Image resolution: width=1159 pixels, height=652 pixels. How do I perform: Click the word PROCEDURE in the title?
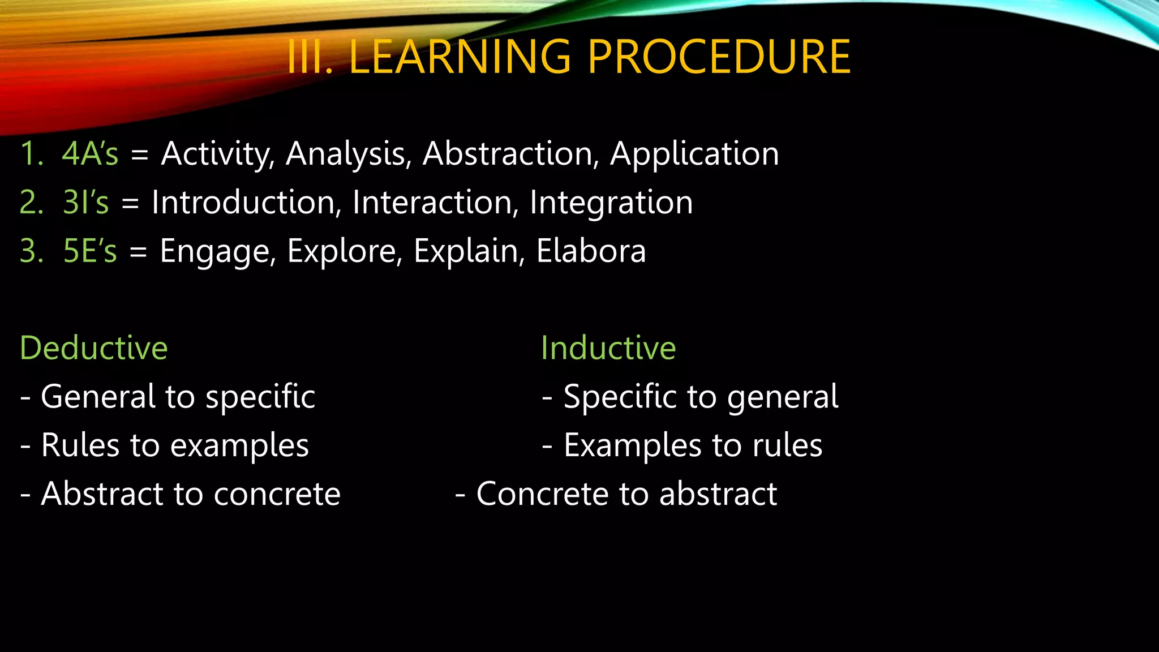click(x=719, y=57)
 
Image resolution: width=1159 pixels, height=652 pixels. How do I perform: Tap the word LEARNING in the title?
click(x=460, y=57)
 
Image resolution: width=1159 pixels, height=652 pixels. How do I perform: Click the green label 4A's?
click(x=90, y=154)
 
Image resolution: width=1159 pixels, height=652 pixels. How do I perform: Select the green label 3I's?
click(x=85, y=203)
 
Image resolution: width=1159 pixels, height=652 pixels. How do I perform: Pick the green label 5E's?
click(x=90, y=251)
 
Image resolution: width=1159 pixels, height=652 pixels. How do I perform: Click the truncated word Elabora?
click(x=591, y=251)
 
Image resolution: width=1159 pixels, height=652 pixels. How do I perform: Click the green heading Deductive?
click(x=94, y=348)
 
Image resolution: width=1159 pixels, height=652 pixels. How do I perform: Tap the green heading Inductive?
click(x=608, y=348)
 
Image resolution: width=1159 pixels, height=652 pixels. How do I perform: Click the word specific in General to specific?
click(x=260, y=397)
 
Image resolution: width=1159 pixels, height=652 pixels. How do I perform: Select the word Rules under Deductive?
click(x=80, y=445)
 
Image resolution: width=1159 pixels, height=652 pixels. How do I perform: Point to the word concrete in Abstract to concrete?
click(x=277, y=495)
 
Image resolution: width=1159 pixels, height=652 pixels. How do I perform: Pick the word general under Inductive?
click(x=783, y=397)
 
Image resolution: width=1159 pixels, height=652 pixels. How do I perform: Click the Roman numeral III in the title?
click(x=308, y=57)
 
